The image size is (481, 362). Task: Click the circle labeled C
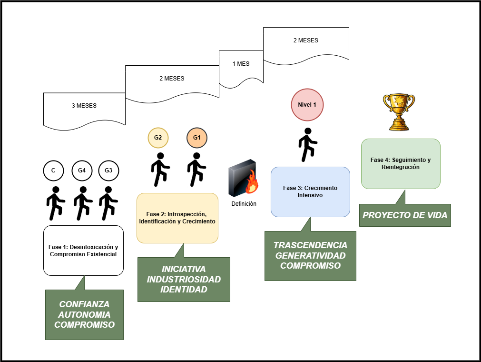point(53,171)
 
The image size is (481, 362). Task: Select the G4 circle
point(82,171)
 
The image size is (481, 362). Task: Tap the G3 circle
point(108,171)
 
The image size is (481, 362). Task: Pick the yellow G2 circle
point(158,138)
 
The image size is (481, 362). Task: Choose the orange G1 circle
point(196,138)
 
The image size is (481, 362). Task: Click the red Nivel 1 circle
point(307,104)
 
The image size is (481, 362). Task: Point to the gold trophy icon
point(399,112)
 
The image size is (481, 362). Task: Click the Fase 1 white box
point(83,251)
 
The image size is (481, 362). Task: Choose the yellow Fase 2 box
point(177,218)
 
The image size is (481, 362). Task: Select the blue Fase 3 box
point(310,191)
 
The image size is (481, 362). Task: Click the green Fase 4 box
point(400,163)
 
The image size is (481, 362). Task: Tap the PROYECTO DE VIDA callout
point(405,215)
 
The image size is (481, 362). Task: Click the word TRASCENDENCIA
point(310,245)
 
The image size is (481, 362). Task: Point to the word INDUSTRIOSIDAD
point(184,279)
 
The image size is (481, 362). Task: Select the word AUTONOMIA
point(84,315)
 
